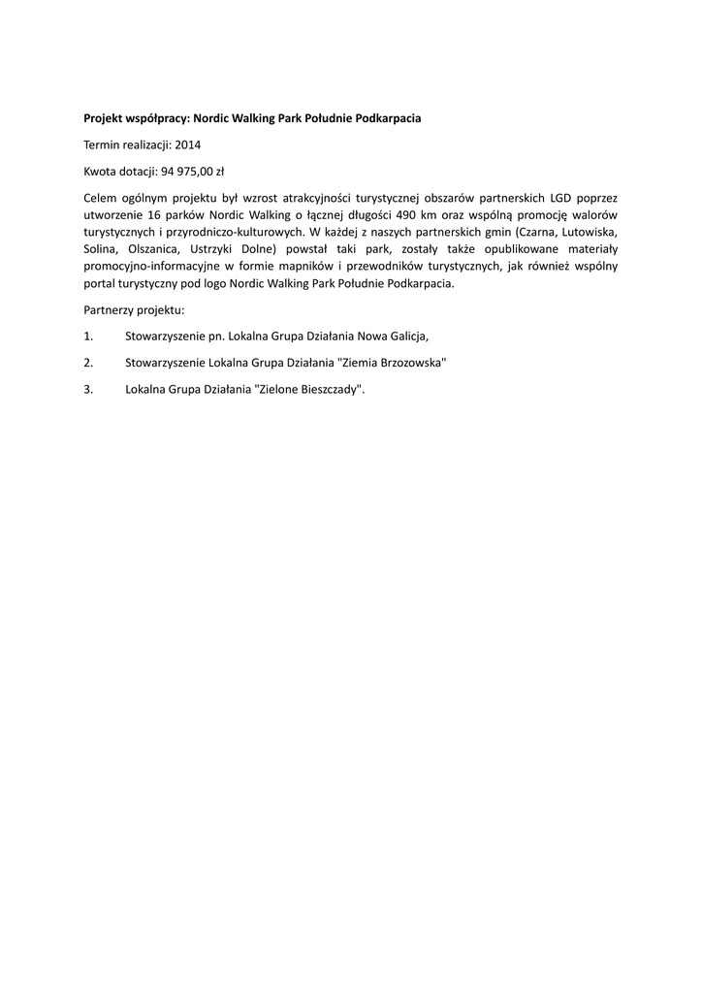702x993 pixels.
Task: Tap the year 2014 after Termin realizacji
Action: pyautogui.click(x=188, y=144)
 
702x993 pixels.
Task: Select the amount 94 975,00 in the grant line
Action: pyautogui.click(x=185, y=172)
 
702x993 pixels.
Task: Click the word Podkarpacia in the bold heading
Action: pyautogui.click(x=389, y=118)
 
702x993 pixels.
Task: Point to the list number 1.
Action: pyautogui.click(x=88, y=336)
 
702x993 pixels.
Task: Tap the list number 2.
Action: pyautogui.click(x=88, y=363)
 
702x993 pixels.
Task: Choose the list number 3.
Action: pyautogui.click(x=88, y=389)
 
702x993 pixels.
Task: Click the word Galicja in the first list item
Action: pyautogui.click(x=406, y=336)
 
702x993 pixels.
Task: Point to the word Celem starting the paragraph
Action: pyautogui.click(x=101, y=198)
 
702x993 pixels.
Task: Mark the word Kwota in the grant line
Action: pyautogui.click(x=101, y=172)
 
